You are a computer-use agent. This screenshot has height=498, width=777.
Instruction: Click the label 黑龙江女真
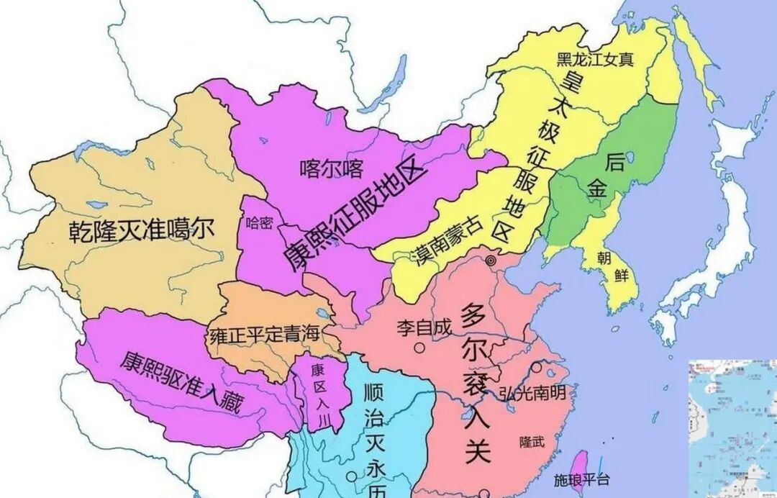click(x=596, y=59)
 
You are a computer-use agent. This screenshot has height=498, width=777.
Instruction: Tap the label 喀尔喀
click(x=332, y=169)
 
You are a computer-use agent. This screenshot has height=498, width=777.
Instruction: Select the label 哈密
click(x=260, y=222)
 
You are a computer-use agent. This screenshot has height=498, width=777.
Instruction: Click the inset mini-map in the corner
click(x=732, y=428)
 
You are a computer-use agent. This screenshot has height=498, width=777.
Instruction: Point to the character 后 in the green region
click(x=614, y=161)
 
